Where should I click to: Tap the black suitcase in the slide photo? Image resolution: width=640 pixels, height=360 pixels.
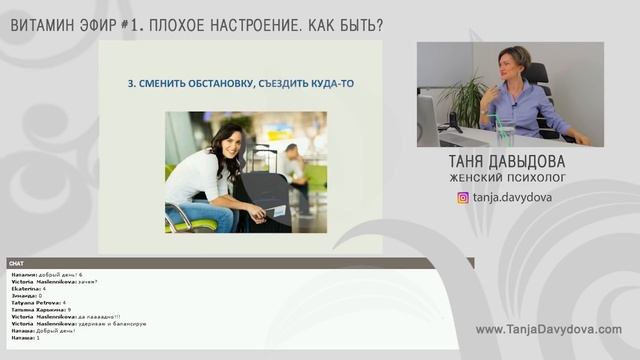(261, 200)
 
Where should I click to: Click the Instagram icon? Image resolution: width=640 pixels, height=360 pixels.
(463, 197)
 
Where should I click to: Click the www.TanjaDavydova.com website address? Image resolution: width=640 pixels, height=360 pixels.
(548, 330)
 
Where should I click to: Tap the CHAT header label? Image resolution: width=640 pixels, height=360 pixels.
(17, 263)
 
